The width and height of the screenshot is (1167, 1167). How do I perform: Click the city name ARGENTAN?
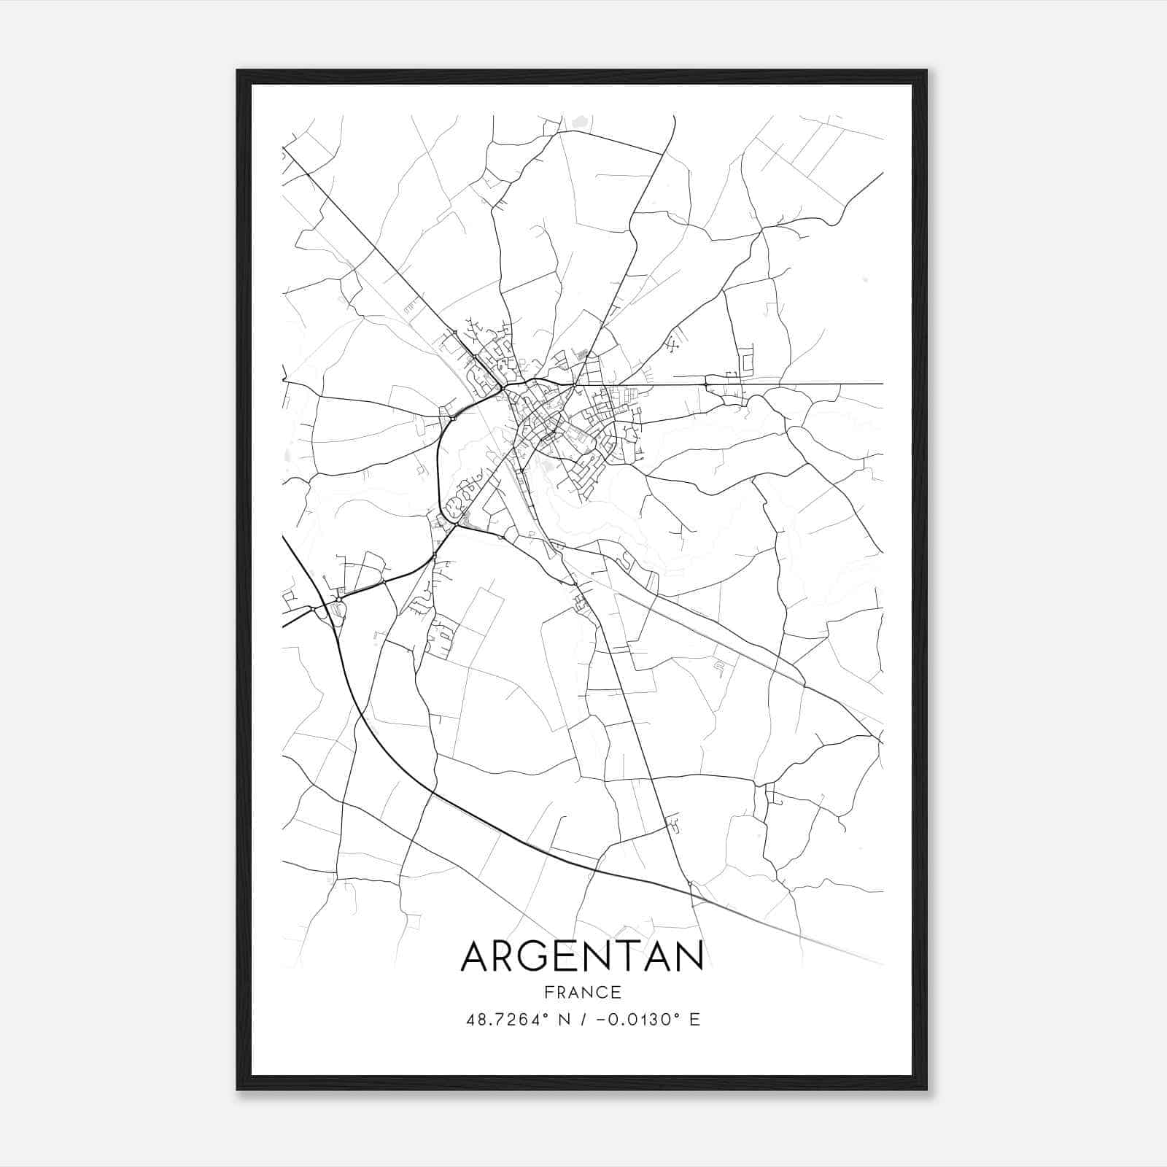pos(582,956)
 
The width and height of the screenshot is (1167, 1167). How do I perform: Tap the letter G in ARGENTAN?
pos(537,956)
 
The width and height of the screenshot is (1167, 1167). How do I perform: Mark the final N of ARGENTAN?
pos(689,956)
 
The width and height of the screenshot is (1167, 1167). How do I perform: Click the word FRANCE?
pos(582,992)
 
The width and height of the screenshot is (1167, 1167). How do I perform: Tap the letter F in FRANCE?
pos(548,992)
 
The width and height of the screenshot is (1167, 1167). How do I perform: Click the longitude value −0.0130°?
pos(632,1019)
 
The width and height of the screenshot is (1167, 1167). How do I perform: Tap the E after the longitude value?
pos(694,1019)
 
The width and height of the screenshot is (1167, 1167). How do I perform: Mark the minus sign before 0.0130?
pos(601,1020)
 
